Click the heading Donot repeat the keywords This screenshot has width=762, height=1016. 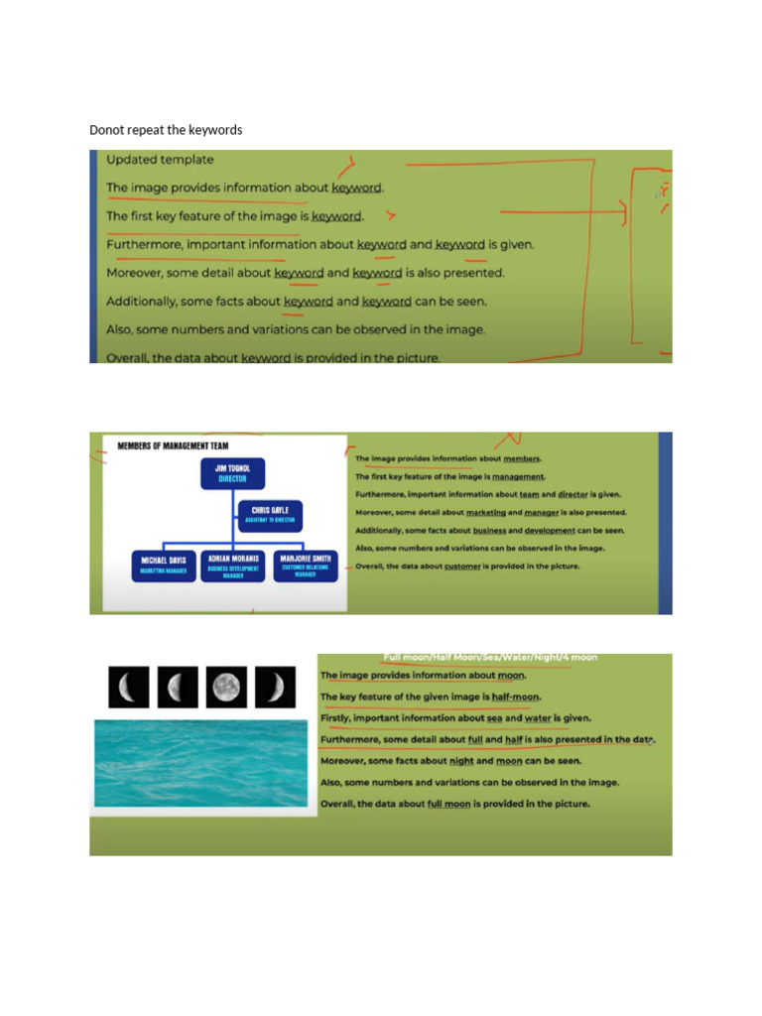[x=166, y=130]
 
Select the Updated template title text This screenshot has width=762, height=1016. [x=160, y=159]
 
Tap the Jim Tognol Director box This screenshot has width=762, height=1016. [x=231, y=472]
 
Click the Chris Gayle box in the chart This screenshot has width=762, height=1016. [x=270, y=516]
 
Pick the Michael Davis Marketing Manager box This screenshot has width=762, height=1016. [x=164, y=565]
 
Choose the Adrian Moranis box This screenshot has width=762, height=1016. [x=233, y=566]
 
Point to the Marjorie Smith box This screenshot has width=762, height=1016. [x=305, y=566]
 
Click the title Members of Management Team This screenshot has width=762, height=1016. [x=173, y=445]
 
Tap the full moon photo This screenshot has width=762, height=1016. [x=225, y=687]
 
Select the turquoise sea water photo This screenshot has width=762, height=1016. [x=201, y=763]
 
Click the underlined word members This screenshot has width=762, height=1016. [x=522, y=458]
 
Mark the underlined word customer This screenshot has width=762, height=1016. [x=462, y=566]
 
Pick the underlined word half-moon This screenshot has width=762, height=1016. [x=516, y=697]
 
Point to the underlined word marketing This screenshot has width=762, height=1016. [x=486, y=512]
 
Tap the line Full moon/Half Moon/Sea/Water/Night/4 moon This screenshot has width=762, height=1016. [x=490, y=657]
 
